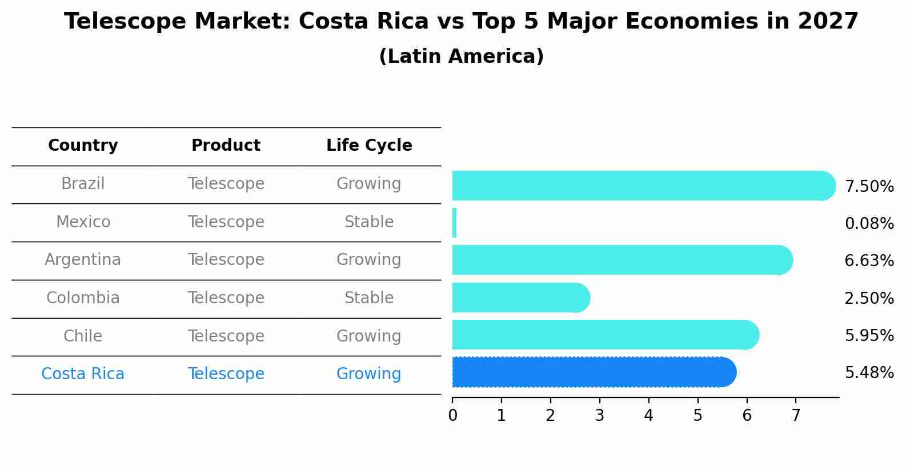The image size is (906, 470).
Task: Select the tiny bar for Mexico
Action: (454, 223)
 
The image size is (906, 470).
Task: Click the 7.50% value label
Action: (869, 187)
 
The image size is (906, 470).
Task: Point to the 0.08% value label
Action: (869, 224)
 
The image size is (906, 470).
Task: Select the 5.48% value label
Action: (869, 373)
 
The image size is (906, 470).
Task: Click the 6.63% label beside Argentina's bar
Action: (869, 261)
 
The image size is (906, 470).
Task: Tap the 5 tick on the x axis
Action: (697, 416)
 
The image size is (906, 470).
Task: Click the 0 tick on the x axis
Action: (452, 416)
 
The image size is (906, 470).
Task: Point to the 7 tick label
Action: (796, 416)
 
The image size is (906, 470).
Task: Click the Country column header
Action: (83, 146)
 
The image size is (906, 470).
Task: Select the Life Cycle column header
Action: (369, 146)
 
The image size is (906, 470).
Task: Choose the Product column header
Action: (226, 146)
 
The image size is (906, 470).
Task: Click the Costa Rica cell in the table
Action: (83, 374)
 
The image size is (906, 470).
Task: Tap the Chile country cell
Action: (83, 336)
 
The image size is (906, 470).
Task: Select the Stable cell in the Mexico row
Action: (369, 222)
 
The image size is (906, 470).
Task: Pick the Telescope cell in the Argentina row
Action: (226, 260)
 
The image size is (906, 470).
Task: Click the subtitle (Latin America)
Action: (461, 57)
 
